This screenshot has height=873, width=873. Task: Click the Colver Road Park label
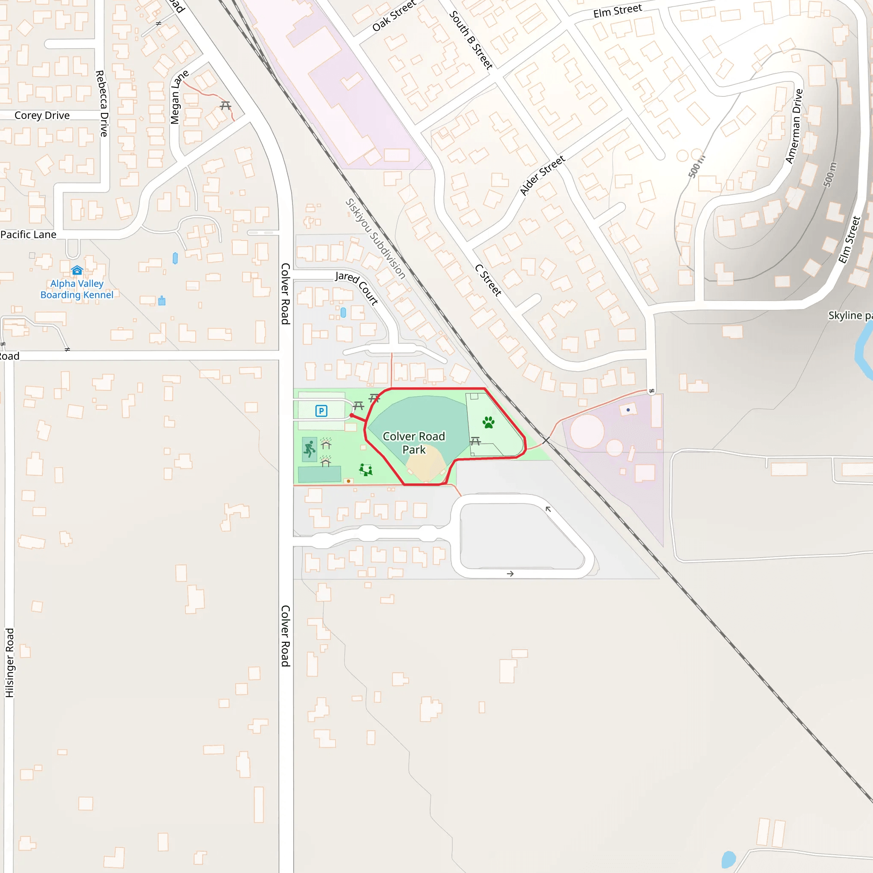414,443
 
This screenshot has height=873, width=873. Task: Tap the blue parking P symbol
321,411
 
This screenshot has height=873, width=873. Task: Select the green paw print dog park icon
489,422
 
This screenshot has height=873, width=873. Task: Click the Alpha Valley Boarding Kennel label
77,289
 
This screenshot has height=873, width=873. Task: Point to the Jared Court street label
356,288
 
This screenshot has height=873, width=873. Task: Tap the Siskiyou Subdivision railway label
375,238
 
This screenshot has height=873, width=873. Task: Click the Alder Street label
542,175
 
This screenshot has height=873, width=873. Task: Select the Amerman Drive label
794,126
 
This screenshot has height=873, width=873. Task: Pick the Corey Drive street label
42,116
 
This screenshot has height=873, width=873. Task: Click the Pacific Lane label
29,234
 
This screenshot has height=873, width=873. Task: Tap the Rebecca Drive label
102,104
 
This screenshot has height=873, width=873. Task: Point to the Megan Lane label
179,97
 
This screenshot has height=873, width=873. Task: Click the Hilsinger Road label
9,662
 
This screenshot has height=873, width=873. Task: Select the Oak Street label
393,16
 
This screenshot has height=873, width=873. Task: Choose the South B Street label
471,40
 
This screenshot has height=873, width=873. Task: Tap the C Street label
488,280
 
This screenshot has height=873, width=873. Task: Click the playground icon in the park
366,470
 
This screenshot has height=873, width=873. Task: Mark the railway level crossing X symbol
546,440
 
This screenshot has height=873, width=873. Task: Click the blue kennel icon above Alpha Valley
77,270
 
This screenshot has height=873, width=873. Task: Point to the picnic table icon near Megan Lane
225,106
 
